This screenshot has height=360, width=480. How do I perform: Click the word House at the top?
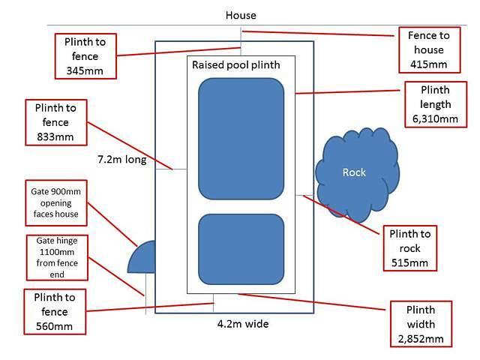coord(241,15)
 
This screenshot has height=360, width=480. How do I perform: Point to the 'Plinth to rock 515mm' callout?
coord(409,247)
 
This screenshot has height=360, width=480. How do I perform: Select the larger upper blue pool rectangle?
coord(241,137)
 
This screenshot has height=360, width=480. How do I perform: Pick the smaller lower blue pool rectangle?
coord(241,248)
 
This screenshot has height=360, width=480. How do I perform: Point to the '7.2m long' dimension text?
coord(121,160)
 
